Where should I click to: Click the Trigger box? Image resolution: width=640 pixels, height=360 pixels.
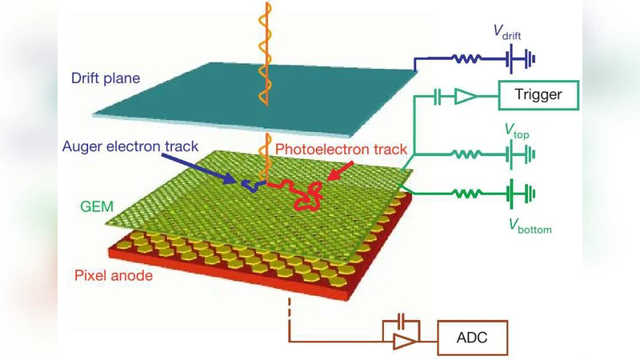pos(538,96)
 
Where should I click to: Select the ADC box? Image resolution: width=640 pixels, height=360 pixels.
pos(471,340)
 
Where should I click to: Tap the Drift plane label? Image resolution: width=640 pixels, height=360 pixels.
pos(106,78)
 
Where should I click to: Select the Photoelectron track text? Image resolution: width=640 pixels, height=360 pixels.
pos(341,149)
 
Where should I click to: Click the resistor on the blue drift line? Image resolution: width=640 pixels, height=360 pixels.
pos(467,58)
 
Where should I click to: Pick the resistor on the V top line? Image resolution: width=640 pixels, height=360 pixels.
pos(467,150)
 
